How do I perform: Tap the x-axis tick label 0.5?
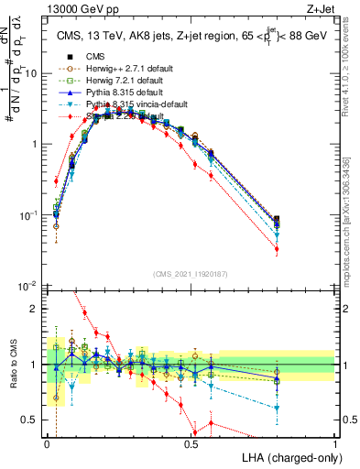(x=191, y=444)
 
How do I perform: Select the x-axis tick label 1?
(x=335, y=444)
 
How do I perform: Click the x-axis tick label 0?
(x=48, y=444)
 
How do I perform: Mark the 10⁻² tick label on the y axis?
(x=29, y=286)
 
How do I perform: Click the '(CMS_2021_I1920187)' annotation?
(x=191, y=273)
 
